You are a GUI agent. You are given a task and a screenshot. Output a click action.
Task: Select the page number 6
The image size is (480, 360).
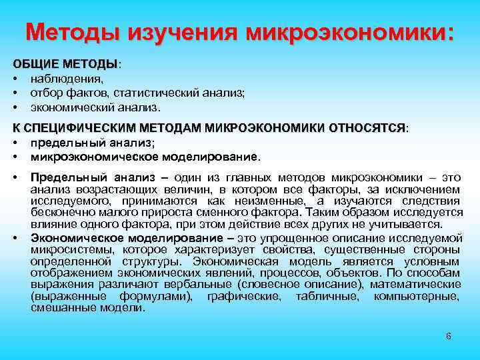click(x=449, y=336)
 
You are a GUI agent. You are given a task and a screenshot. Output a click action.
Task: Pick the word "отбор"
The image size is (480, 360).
click(x=46, y=93)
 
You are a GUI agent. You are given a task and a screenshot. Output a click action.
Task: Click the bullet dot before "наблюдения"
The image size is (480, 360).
click(x=15, y=80)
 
